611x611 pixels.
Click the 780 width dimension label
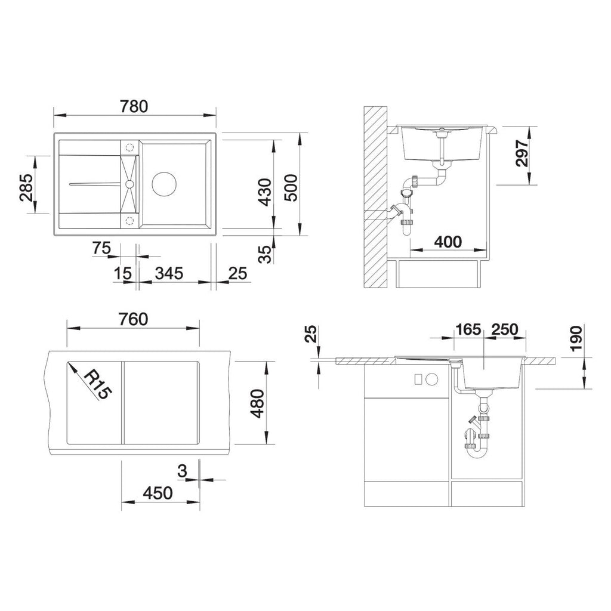[134, 106]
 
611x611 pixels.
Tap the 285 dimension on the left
[26, 187]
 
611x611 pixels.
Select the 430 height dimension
[265, 192]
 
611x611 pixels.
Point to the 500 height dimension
[291, 187]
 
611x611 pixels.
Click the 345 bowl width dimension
[169, 273]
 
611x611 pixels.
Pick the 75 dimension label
[101, 248]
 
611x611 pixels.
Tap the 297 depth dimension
[521, 153]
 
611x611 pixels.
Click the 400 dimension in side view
[448, 242]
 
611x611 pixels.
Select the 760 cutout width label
[134, 319]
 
